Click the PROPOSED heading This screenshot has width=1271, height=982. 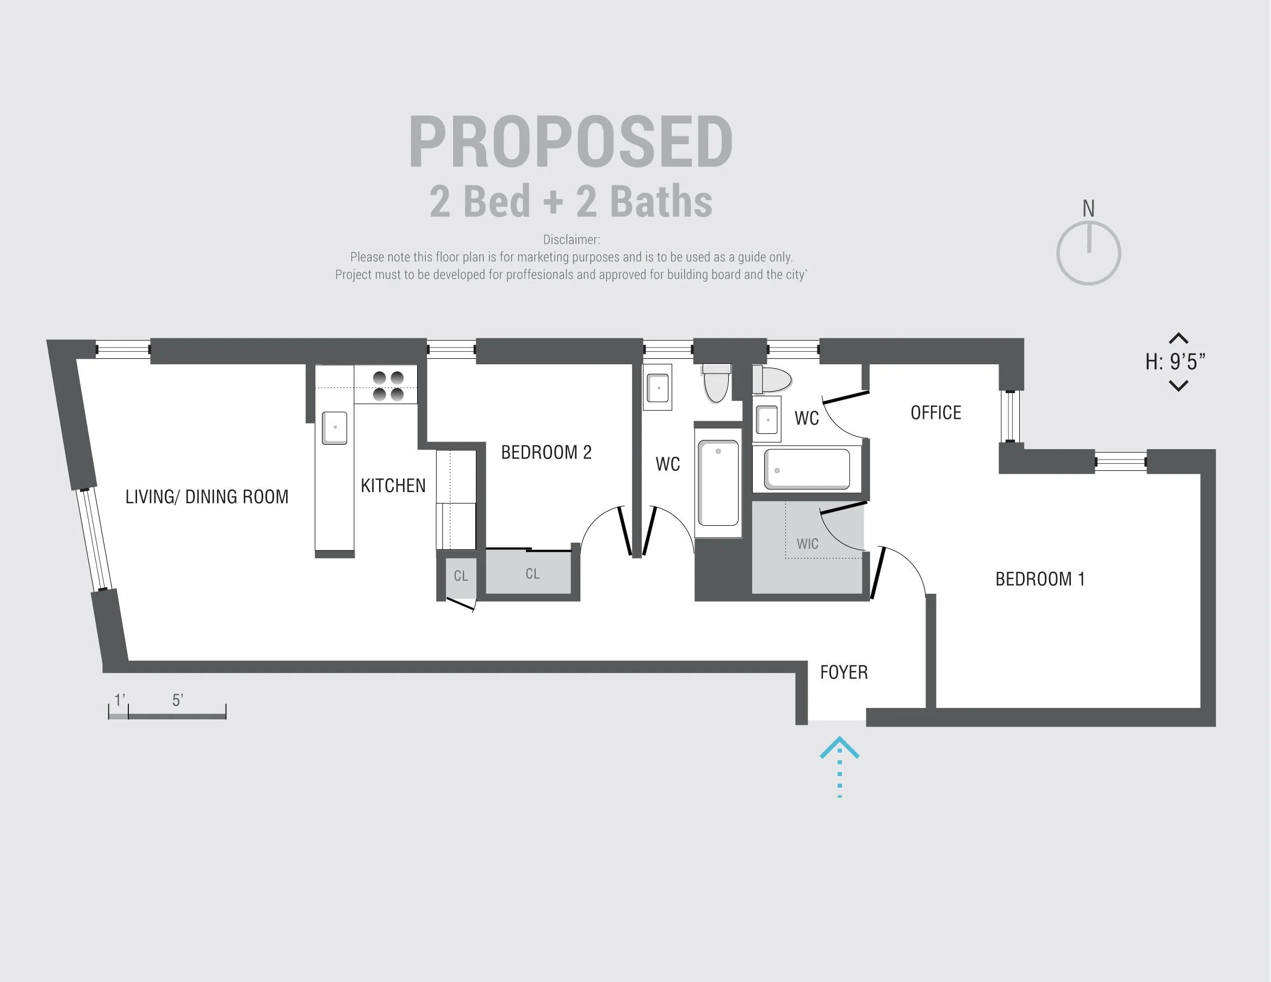571,142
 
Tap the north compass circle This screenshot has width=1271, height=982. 1088,253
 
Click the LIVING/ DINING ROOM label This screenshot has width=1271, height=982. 207,496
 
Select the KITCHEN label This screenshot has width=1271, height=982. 393,485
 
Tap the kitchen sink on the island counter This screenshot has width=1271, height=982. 334,427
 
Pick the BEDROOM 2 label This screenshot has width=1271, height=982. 546,452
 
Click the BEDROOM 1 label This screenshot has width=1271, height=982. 1040,579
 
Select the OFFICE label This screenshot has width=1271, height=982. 936,413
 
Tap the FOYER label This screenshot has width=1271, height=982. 844,672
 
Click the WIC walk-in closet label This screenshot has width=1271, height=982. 807,543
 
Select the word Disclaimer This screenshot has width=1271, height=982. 571,239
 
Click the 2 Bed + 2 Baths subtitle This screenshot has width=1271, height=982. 571,201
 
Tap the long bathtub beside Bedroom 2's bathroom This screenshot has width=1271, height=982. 718,483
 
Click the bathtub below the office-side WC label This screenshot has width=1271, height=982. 807,469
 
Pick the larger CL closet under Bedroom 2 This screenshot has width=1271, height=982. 532,574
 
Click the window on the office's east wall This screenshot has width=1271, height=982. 1010,416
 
